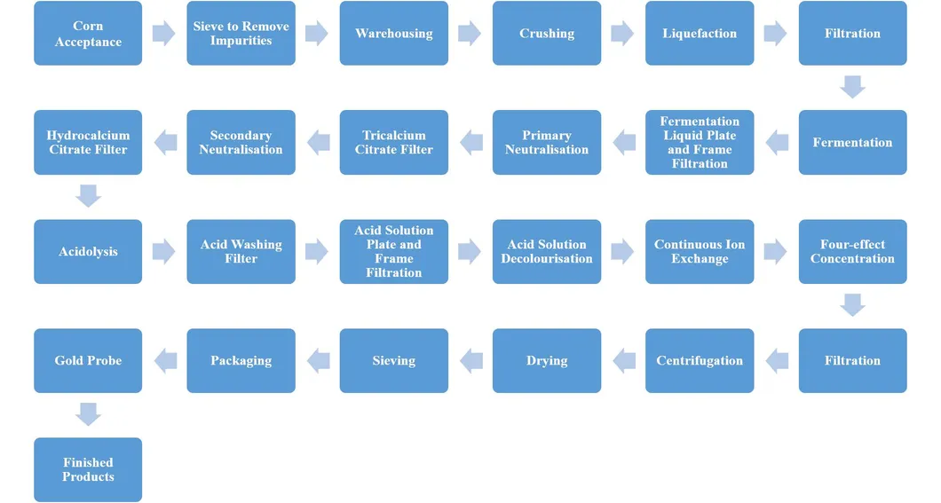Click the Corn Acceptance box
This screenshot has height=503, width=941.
88,34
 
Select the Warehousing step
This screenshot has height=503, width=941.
393,34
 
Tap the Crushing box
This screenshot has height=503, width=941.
547,34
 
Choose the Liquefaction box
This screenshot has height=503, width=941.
700,34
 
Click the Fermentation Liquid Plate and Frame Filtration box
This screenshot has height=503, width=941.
700,143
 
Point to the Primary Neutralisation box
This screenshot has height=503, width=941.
547,143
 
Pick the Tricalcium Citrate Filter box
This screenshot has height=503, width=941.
393,143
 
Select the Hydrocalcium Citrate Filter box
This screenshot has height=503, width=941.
88,143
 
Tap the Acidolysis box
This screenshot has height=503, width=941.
88,252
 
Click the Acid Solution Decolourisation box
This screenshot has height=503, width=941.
547,252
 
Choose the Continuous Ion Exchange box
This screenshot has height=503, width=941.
700,252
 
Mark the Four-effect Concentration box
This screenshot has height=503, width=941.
852,252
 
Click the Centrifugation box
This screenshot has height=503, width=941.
700,361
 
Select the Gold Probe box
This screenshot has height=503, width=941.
88,361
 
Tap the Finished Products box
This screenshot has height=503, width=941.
88,469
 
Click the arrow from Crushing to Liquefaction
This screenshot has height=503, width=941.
623,34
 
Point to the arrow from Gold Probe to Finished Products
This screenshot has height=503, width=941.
88,414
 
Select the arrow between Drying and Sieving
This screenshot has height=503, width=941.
470,361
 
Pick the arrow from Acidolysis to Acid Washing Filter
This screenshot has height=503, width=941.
164,252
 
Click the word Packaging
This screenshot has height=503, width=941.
241,361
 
